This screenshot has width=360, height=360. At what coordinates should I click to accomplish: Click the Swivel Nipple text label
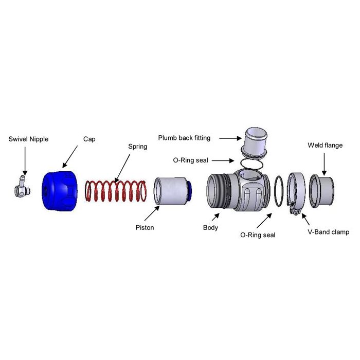(28, 139)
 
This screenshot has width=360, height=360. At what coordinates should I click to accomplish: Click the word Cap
(89, 139)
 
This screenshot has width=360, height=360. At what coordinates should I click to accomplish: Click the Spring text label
(137, 147)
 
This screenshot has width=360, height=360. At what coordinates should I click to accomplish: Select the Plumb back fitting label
(184, 138)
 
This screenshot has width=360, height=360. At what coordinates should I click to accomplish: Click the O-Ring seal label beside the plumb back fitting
(191, 160)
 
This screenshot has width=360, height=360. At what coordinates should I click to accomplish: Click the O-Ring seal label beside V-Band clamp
(258, 235)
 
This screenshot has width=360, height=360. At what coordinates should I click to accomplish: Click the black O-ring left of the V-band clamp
(278, 192)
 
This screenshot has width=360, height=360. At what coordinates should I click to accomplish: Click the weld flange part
(321, 191)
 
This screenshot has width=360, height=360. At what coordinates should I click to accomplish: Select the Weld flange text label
(325, 146)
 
